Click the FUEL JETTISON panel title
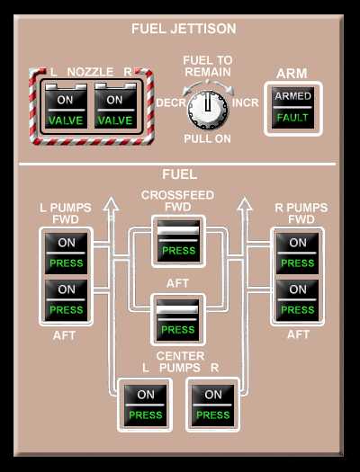point(184,29)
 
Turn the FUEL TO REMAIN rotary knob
point(208,110)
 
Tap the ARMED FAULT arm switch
point(292,108)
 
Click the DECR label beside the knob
point(171,102)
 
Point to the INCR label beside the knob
point(245,102)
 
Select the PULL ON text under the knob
point(207,138)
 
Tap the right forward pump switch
point(297,254)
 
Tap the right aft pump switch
point(297,300)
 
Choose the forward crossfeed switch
point(178,241)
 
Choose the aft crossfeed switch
point(177,320)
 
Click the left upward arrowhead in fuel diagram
point(112,204)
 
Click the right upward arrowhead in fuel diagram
point(245,204)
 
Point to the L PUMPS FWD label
point(66,213)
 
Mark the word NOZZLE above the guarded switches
point(90,72)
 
